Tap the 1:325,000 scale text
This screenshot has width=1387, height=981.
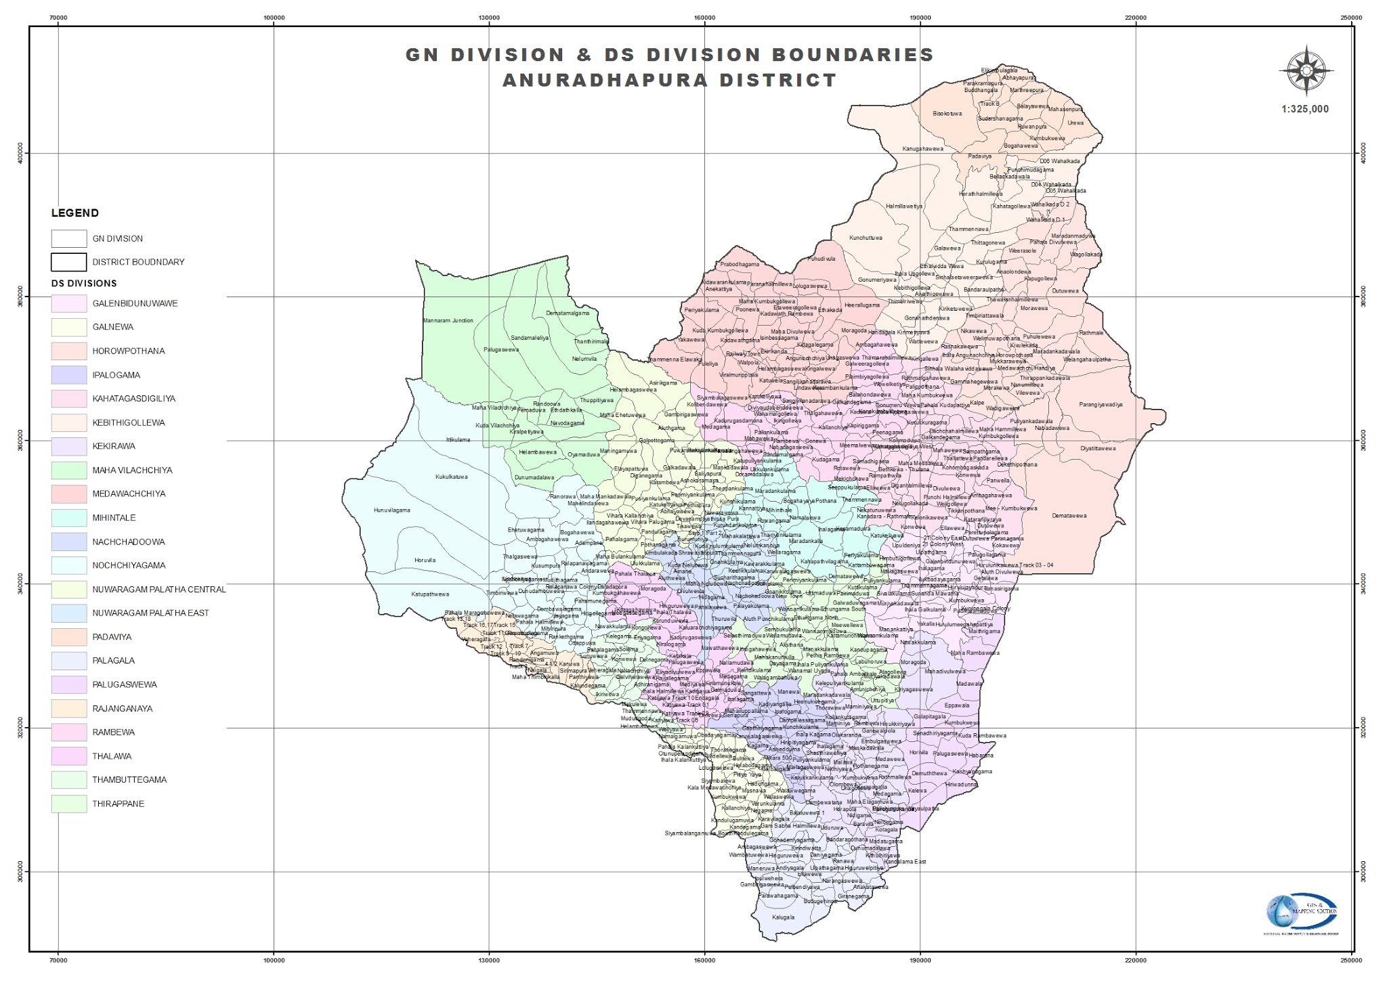tap(1304, 109)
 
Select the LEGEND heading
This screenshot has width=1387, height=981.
tap(75, 213)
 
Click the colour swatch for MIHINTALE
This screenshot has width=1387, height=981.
tap(69, 518)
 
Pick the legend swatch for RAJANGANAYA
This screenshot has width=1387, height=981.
tap(69, 709)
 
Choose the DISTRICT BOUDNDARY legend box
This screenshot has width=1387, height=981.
tap(69, 262)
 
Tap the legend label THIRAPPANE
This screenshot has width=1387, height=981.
tap(119, 804)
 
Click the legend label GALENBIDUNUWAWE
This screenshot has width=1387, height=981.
tap(135, 303)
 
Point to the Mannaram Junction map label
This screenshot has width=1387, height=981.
tap(448, 320)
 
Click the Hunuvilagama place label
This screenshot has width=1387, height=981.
tap(391, 510)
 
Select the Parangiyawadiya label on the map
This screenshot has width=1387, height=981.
tap(1101, 405)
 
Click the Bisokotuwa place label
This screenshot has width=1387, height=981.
tap(947, 114)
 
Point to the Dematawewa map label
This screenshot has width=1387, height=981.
tap(1069, 516)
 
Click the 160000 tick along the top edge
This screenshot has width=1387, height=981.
tap(704, 16)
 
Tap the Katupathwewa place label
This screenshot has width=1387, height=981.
tap(430, 594)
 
